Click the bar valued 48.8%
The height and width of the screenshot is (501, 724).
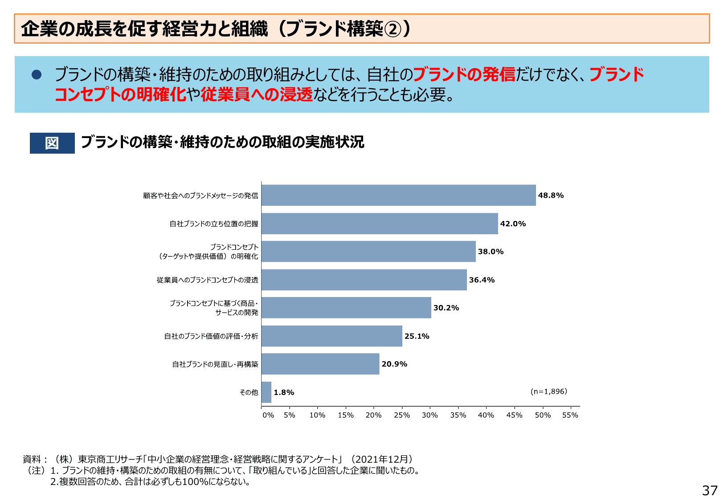point(398,195)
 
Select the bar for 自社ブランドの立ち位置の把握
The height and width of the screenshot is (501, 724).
point(380,224)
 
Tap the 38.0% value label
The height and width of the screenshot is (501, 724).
point(491,252)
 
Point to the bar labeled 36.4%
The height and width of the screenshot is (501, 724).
point(364,280)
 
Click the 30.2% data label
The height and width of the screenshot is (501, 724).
point(446,308)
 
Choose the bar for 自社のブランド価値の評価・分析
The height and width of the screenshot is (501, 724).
point(331,336)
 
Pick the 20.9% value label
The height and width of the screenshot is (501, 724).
point(394,364)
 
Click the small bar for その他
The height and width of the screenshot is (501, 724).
point(266,392)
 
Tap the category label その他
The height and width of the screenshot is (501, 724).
point(249,392)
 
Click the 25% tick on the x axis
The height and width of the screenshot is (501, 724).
point(401,415)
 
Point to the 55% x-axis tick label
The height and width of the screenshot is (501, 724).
point(570,415)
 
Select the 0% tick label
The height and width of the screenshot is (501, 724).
point(268,415)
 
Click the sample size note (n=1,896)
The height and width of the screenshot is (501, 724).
point(548,391)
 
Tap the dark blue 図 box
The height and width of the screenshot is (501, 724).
point(52,143)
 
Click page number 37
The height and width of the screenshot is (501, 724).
point(709,490)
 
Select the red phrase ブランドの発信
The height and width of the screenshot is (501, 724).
point(464,74)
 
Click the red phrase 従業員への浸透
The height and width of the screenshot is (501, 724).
point(257,94)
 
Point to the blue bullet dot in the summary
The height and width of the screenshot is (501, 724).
point(37,74)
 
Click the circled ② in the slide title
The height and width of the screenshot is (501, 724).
point(393,29)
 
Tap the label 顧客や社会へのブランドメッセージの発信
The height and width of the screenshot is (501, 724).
point(200,196)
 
